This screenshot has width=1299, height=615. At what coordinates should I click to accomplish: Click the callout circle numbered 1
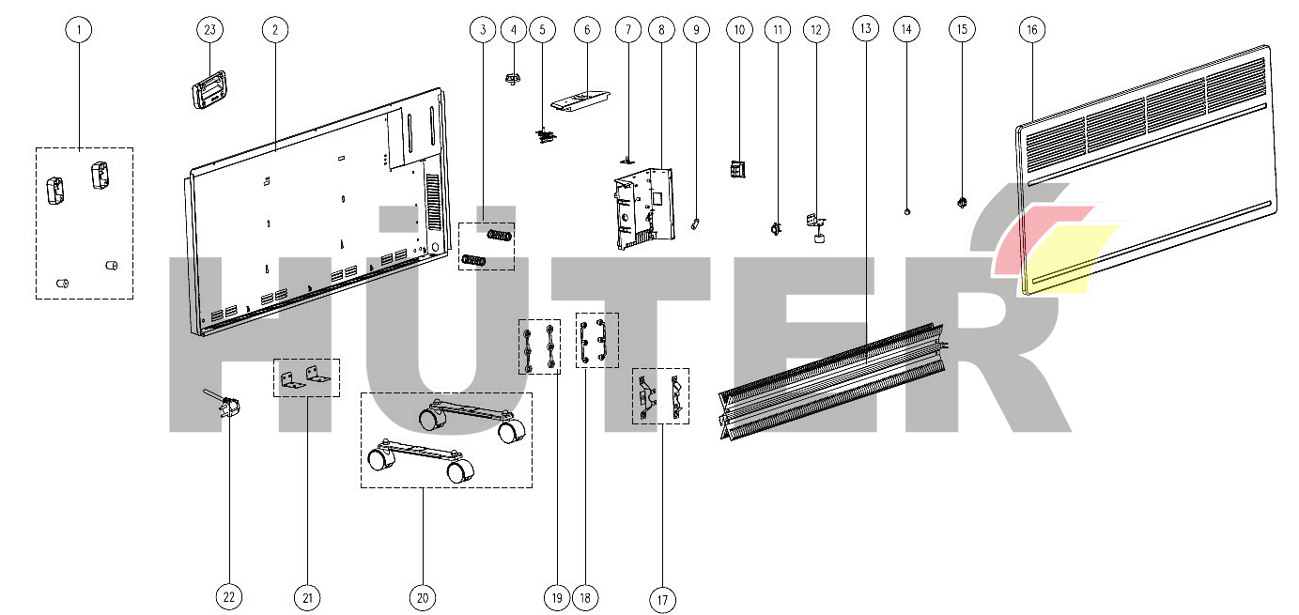(79, 29)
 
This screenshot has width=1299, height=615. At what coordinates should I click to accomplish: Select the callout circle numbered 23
(210, 29)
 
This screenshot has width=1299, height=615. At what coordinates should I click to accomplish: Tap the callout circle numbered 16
(1031, 29)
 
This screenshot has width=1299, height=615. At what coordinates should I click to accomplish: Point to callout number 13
(866, 28)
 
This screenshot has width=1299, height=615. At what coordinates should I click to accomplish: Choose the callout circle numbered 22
(229, 597)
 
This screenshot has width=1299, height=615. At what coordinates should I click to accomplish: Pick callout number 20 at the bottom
(423, 597)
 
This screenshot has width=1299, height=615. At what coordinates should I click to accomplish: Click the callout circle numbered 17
(662, 600)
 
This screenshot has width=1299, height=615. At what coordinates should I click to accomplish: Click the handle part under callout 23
(209, 88)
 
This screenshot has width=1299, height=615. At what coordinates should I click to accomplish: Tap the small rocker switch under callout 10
(737, 169)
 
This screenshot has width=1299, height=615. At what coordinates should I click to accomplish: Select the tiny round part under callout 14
(907, 211)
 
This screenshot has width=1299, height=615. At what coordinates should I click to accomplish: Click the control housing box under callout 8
(643, 208)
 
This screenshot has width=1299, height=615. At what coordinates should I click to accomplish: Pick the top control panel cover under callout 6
(580, 100)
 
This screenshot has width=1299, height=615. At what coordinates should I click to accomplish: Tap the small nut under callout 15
(962, 202)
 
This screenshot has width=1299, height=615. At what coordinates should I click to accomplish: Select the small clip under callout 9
(695, 223)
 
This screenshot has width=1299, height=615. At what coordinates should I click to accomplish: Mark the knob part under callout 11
(775, 228)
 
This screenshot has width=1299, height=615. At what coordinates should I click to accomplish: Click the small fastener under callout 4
(512, 78)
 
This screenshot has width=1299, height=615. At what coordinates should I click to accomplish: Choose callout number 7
(628, 29)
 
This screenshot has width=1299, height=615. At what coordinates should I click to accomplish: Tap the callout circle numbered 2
(275, 29)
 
